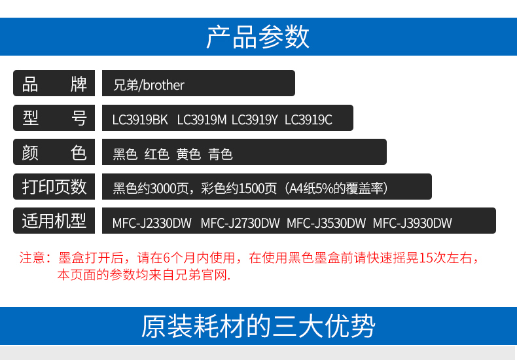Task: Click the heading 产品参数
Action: click(258, 37)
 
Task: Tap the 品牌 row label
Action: click(54, 84)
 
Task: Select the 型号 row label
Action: click(54, 118)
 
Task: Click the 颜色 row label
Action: click(54, 153)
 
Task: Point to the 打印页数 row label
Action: click(54, 187)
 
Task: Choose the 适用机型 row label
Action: click(54, 221)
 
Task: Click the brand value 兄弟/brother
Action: click(149, 85)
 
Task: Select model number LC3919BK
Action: click(140, 120)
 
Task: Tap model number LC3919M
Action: click(202, 120)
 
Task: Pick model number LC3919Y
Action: click(255, 120)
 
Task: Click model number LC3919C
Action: click(308, 120)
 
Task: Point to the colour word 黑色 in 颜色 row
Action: click(125, 154)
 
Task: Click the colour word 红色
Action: click(157, 154)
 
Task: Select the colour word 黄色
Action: click(188, 154)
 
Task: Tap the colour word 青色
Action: click(221, 154)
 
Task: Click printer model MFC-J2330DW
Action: click(152, 223)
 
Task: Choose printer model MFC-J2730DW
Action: click(240, 223)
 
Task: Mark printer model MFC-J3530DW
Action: click(326, 223)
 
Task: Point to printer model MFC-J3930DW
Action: click(412, 223)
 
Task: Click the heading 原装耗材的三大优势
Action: click(258, 326)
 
